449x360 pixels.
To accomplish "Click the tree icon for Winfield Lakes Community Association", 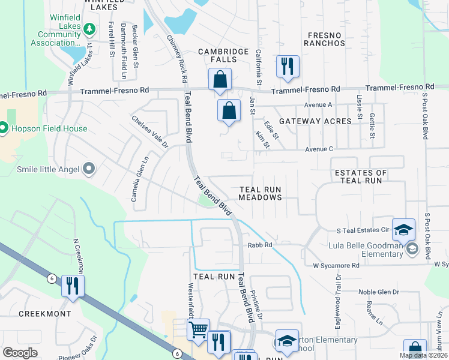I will (x=89, y=28).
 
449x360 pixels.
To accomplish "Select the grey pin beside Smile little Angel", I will (x=89, y=169).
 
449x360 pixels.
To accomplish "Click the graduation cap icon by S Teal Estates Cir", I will (x=404, y=229).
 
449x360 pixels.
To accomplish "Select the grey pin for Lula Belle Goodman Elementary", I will (x=412, y=248).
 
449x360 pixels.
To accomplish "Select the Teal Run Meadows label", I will (x=260, y=193).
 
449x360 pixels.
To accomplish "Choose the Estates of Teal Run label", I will (x=360, y=176).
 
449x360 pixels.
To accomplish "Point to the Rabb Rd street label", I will (x=261, y=245).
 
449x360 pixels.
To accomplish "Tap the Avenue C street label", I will (x=319, y=149).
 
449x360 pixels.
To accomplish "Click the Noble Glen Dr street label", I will (x=379, y=292).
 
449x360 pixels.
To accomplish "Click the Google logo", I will (x=20, y=353).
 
